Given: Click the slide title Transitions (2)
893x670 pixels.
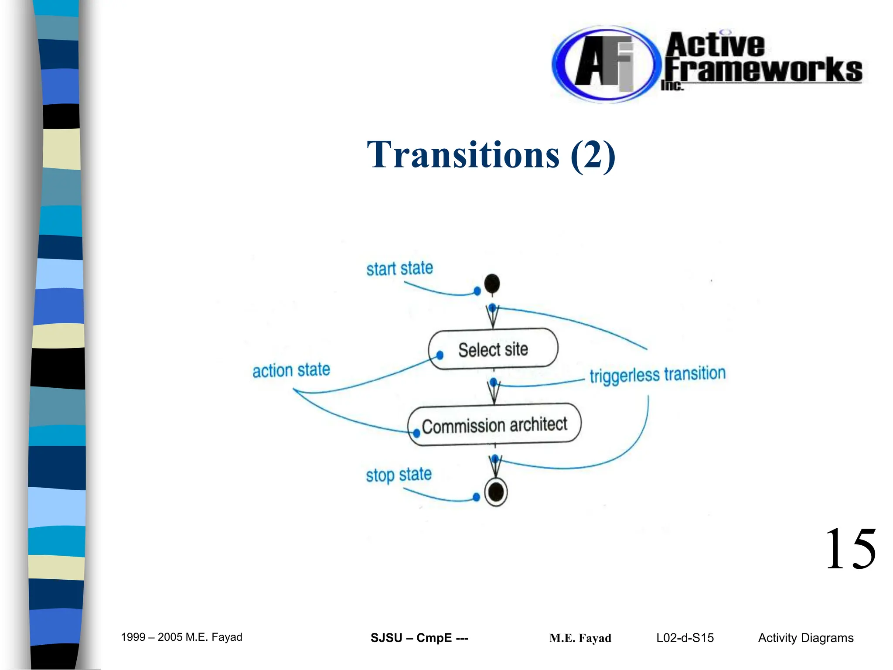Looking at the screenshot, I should point(491,154).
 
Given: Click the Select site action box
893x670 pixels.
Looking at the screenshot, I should point(493,349).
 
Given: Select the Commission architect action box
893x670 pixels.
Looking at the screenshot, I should point(494,424).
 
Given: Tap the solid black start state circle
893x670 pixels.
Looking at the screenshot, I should point(492,284).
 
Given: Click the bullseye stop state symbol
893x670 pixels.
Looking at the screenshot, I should point(496,492).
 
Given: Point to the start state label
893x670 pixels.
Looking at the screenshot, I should point(399,268).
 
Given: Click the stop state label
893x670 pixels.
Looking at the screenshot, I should point(399,474).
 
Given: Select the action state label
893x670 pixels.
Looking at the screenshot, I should point(291,370).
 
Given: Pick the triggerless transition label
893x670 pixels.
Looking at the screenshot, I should point(657,374).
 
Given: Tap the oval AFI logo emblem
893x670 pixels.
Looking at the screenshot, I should point(604,64).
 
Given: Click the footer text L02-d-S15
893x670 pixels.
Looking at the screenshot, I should point(685,638).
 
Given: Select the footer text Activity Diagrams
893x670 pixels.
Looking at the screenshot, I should point(805,638).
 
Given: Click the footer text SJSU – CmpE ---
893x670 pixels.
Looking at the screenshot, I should point(419,638).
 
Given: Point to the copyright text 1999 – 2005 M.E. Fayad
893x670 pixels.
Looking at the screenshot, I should point(181,637).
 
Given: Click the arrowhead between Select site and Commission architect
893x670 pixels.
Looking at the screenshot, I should point(494,394).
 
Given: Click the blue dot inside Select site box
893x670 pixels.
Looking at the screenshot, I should point(440,355).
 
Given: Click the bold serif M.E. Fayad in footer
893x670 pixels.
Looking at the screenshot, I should point(580,638).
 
